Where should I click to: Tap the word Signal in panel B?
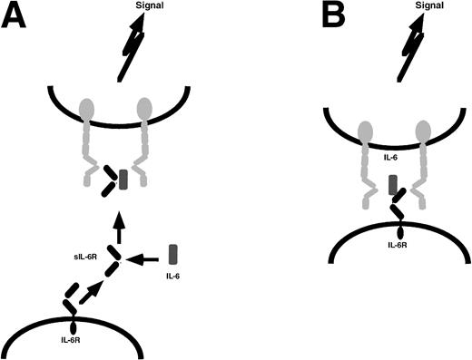418,7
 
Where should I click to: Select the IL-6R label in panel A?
70,342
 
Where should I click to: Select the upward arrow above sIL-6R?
118,220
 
